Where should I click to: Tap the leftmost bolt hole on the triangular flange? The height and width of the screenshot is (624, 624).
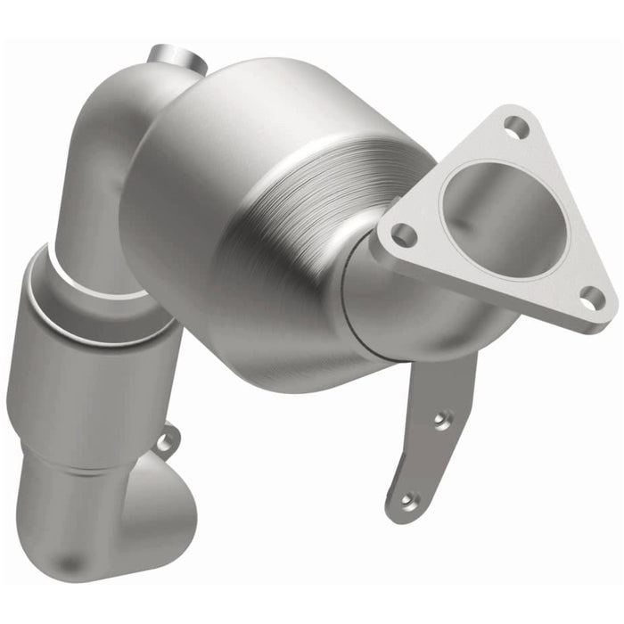coord(403,235)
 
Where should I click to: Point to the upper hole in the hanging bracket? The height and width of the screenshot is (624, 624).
coord(437,416)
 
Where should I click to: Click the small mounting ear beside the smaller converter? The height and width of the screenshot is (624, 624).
coord(165,439)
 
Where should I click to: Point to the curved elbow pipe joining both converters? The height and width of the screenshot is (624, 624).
coord(107,169)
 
